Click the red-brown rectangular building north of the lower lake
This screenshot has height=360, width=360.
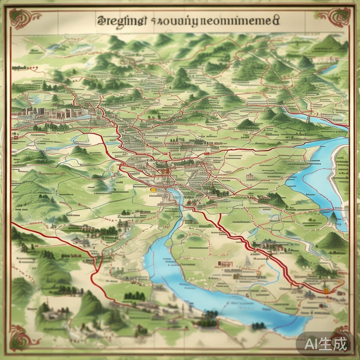[225, 264]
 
